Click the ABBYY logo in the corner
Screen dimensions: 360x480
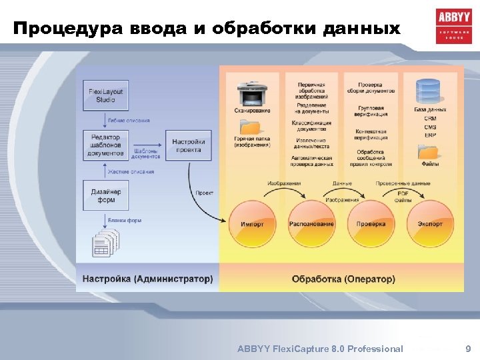(454, 25)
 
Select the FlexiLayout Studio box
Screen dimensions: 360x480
(105, 95)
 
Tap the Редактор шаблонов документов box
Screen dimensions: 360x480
(105, 145)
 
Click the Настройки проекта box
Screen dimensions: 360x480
(189, 145)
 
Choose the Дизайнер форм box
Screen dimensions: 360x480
(105, 195)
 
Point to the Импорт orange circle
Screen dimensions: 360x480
(252, 224)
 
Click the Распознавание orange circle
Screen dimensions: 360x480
(311, 224)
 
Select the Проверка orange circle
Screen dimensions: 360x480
(371, 224)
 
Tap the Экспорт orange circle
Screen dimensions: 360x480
(430, 224)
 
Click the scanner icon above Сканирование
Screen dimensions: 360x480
(252, 93)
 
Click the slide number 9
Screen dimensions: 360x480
(468, 349)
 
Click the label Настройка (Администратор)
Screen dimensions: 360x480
(148, 279)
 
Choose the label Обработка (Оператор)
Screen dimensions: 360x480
(343, 279)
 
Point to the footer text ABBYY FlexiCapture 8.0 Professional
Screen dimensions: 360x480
(320, 349)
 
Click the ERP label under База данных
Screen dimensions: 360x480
(430, 135)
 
